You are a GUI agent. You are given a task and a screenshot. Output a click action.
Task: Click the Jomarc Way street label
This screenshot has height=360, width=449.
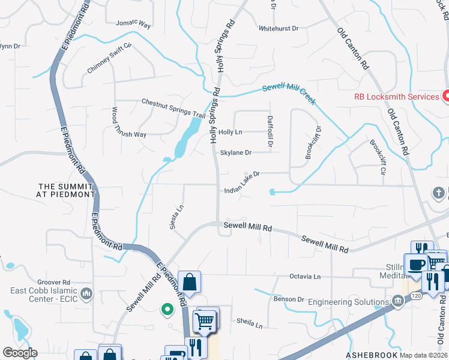[x=134, y=24]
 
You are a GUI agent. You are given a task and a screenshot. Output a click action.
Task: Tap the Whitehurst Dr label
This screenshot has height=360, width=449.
[x=279, y=28]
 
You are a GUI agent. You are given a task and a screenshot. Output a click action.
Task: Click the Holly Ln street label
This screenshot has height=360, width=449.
[x=231, y=132]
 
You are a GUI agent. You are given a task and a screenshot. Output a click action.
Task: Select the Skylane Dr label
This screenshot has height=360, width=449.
[x=235, y=152]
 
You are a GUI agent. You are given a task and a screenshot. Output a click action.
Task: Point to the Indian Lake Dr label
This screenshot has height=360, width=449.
[x=241, y=182]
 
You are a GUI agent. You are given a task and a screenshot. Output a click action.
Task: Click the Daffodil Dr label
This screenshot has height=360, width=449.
[x=270, y=132]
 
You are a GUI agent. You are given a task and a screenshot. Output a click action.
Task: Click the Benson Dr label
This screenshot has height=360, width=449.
[x=289, y=299]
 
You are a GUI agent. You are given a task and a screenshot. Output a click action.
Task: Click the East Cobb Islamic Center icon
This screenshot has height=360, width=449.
[x=86, y=293]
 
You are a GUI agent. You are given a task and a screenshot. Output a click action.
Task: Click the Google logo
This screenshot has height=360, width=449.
[x=20, y=353]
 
